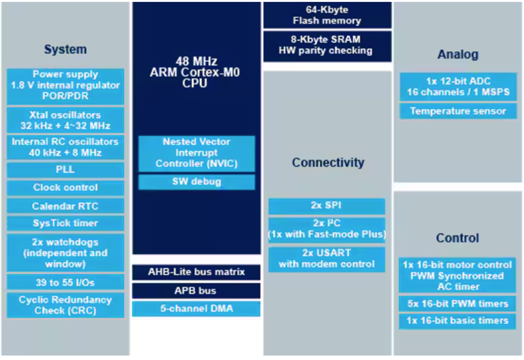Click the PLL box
[x=65, y=170]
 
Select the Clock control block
[x=65, y=187]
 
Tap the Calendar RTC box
[x=65, y=206]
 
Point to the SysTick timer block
[x=65, y=223]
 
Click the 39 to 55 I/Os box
[x=65, y=282]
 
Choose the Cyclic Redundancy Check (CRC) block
[x=65, y=305]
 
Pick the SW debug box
[x=196, y=182]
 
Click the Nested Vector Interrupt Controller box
[x=196, y=154]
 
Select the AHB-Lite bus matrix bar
[x=196, y=272]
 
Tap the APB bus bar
[x=196, y=291]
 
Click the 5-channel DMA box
[x=196, y=308]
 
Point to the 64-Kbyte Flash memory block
[x=327, y=15]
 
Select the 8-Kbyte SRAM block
[x=327, y=46]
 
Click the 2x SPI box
[x=326, y=206]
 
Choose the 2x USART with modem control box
[x=326, y=259]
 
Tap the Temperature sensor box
[x=458, y=111]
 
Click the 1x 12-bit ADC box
[x=458, y=87]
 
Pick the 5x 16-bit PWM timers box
[x=457, y=304]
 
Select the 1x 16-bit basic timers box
[x=457, y=321]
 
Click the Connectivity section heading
[x=328, y=162]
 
